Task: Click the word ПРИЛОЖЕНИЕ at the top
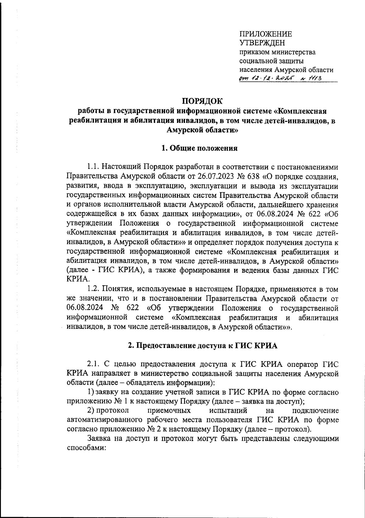click(266, 34)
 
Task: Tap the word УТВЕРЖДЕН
click(262, 43)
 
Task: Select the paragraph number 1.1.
click(93, 167)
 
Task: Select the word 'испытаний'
click(228, 411)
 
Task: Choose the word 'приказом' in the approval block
click(254, 52)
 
